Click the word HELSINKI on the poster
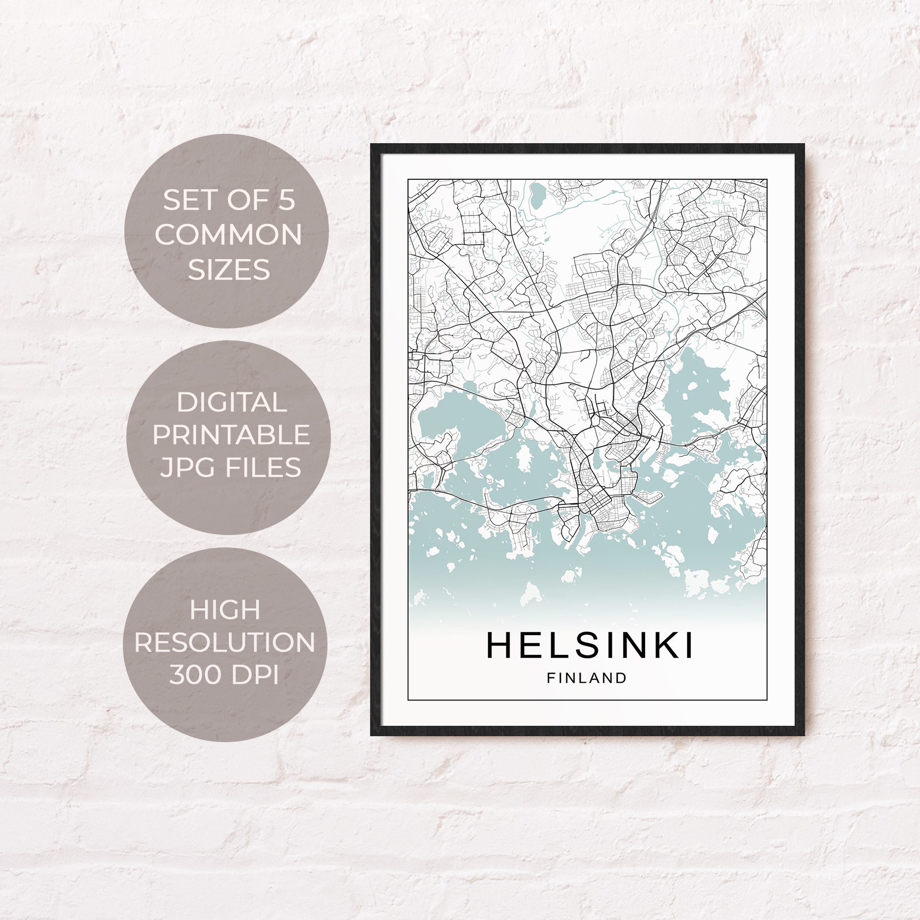click(x=590, y=646)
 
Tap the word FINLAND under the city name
click(x=587, y=678)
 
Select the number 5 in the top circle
click(x=286, y=201)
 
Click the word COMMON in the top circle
click(x=228, y=235)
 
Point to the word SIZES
click(x=229, y=270)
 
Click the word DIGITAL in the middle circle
click(x=231, y=402)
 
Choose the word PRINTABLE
click(x=231, y=435)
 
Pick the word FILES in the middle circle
click(x=264, y=468)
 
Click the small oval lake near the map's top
click(x=537, y=196)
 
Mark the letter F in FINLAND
click(x=550, y=678)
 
